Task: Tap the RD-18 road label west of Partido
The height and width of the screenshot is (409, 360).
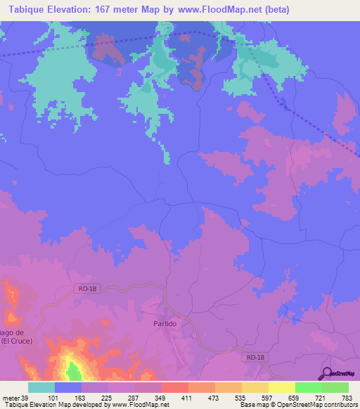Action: click(85, 287)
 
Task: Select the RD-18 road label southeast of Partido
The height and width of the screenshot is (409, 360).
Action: click(257, 358)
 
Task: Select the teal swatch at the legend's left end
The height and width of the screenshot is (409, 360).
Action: click(41, 387)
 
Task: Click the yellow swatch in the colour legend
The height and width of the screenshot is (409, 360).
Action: click(282, 387)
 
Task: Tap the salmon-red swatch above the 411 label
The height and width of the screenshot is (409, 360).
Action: click(175, 387)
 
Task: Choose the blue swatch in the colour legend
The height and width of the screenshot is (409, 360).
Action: click(68, 387)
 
